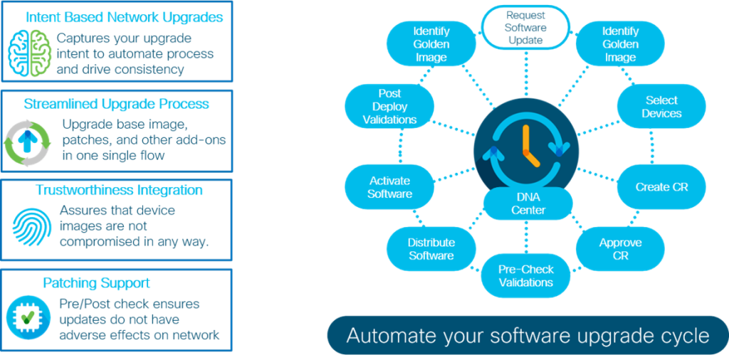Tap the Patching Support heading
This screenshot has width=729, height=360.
tap(117, 283)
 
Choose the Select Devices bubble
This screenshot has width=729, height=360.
tap(661, 107)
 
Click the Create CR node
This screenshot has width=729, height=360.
tap(661, 187)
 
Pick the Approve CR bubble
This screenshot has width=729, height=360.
tap(619, 248)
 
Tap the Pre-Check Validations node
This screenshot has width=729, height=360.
tap(525, 275)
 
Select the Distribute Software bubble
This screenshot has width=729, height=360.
tap(431, 248)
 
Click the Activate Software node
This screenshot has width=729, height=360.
tap(390, 187)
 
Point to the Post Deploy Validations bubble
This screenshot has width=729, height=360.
tap(389, 107)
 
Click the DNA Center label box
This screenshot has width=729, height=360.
tap(528, 203)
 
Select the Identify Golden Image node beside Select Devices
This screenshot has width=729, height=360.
tap(619, 44)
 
